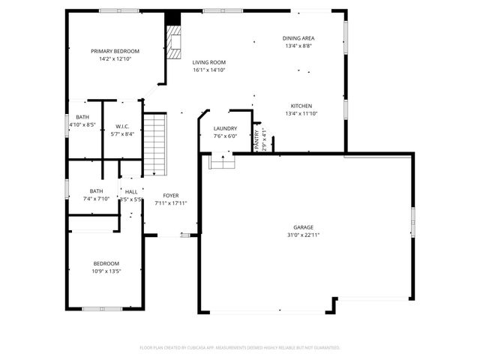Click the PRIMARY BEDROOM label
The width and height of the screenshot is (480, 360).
click(115, 51)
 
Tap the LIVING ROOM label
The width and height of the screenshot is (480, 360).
click(208, 62)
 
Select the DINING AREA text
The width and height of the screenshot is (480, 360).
click(298, 38)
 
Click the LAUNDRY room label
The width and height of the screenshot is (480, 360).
click(225, 129)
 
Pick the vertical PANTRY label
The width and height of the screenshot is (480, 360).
click(256, 139)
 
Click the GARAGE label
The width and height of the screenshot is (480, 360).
click(303, 227)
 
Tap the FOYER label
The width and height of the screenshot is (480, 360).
click(171, 196)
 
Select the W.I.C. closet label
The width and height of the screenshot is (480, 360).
click(123, 126)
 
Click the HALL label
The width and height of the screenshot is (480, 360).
click(130, 192)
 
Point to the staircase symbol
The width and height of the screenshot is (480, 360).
click(154, 143)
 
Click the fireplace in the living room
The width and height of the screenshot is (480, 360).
click(174, 43)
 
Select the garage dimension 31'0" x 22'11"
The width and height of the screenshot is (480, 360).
click(303, 235)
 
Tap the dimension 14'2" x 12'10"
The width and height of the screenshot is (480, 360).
click(115, 58)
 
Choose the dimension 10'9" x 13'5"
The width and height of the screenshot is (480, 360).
click(106, 271)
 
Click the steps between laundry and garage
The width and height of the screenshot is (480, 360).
click(221, 160)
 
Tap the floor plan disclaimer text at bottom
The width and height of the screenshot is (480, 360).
click(240, 347)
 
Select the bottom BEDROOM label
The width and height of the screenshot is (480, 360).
click(106, 263)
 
